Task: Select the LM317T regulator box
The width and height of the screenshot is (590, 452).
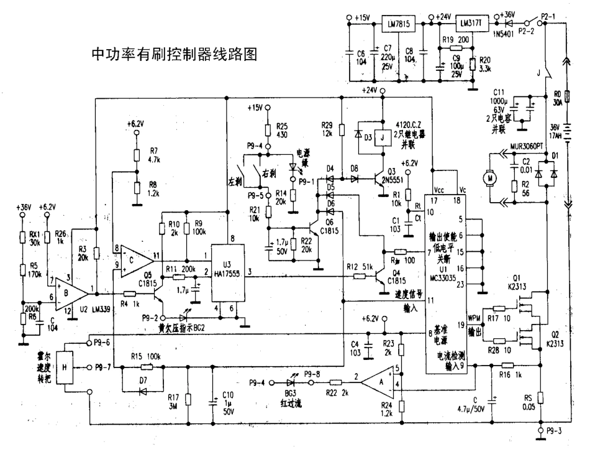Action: (x=471, y=24)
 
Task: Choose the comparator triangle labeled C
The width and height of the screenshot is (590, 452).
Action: (x=134, y=255)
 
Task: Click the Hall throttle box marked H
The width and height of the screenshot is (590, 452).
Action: (x=65, y=367)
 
